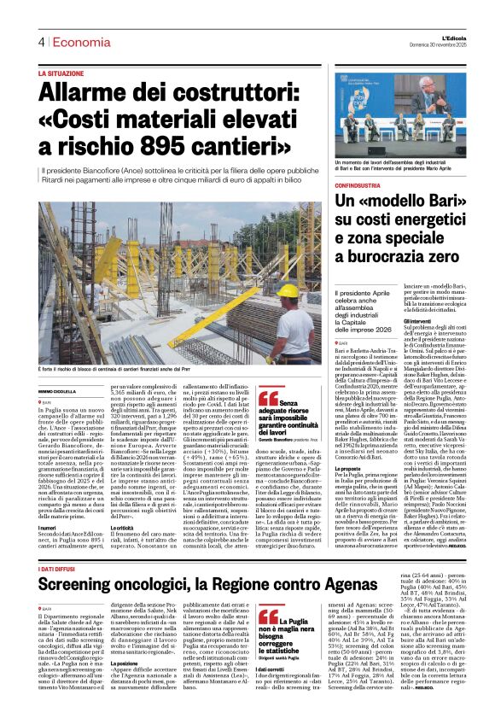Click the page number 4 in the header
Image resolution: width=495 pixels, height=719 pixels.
click(x=40, y=42)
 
